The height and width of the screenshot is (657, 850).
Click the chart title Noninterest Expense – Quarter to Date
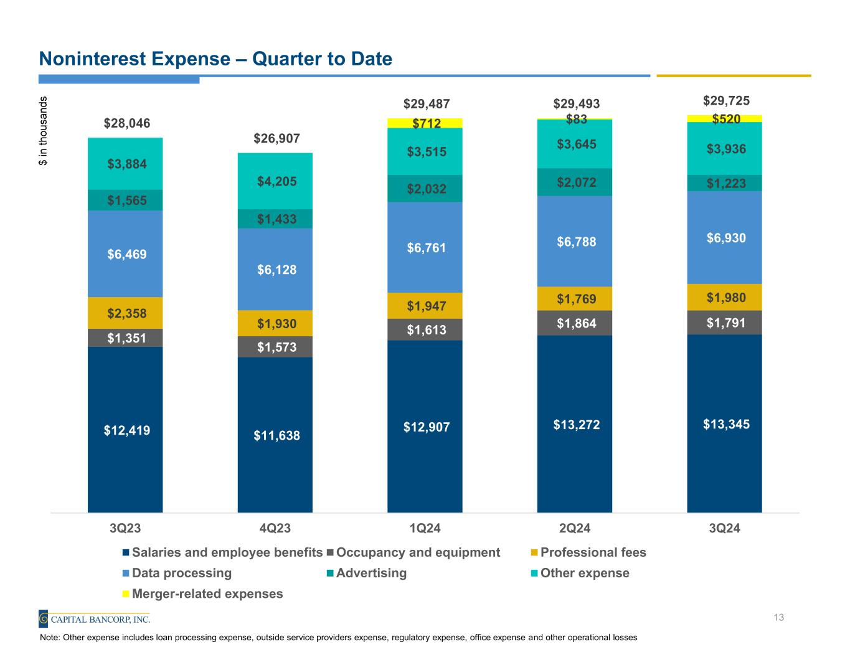(215, 59)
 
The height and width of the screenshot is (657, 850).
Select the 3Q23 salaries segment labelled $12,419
(125, 430)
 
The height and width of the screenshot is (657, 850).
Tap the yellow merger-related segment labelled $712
(425, 123)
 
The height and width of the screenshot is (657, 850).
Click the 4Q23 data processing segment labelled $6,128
(275, 270)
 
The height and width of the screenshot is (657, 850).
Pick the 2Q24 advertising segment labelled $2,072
(574, 182)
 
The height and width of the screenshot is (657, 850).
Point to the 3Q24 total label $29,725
(725, 101)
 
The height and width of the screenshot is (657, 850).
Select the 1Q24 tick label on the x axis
(425, 529)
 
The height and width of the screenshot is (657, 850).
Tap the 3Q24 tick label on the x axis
(724, 529)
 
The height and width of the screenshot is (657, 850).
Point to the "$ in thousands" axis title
(43, 131)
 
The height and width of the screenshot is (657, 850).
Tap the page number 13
(778, 618)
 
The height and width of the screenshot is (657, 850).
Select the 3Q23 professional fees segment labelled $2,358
(125, 313)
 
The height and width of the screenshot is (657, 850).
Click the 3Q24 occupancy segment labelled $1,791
(724, 323)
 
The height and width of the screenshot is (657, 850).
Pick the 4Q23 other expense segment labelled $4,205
(275, 181)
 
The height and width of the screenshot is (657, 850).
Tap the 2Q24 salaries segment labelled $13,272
(574, 425)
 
